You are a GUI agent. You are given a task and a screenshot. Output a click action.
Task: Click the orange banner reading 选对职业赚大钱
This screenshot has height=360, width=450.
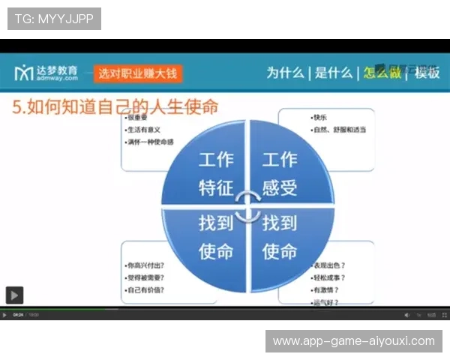139,73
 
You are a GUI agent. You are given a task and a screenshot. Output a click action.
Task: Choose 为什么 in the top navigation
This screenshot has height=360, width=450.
285,73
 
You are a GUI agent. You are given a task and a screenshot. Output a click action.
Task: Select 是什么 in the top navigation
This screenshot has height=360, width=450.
333,73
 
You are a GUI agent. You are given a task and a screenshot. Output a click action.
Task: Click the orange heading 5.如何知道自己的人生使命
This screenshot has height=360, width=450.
115,106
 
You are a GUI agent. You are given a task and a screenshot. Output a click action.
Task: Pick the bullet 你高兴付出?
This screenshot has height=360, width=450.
145,265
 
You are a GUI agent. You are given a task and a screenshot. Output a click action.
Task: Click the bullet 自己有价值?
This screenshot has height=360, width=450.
145,289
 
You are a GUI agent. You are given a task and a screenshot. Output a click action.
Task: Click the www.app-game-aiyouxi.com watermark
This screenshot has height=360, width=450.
353,341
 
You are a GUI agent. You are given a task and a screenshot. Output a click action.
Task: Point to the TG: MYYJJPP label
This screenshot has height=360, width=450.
54,18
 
